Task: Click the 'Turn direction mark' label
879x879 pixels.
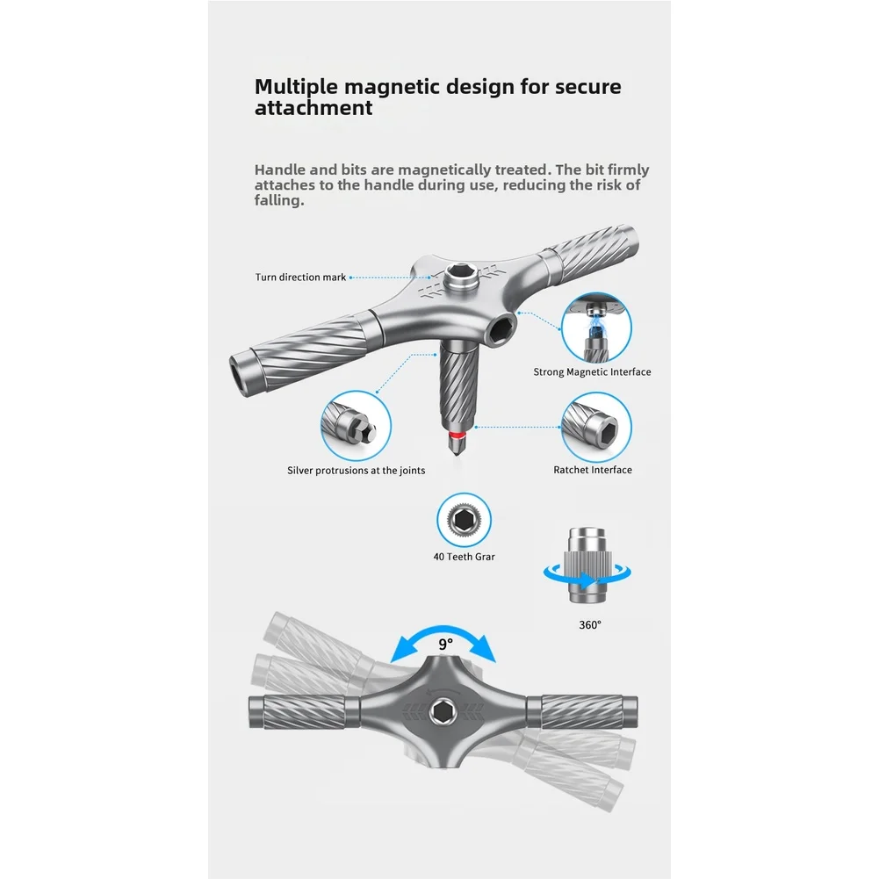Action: pos(300,277)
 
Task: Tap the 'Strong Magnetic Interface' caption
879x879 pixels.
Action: pos(592,371)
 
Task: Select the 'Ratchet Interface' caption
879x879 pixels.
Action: pos(593,470)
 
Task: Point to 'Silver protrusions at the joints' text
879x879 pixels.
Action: pos(356,471)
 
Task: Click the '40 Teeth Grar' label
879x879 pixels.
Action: pos(465,557)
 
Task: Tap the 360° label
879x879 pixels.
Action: pos(590,624)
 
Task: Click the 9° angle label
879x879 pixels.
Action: pos(446,645)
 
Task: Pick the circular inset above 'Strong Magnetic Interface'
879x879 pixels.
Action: pos(596,328)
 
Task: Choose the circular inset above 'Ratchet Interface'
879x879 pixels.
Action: pos(596,427)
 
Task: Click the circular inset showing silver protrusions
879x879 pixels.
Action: pos(356,426)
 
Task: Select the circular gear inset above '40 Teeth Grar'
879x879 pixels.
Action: pos(465,521)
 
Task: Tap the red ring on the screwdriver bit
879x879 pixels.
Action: pos(458,435)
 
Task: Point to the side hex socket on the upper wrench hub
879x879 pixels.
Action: pos(501,328)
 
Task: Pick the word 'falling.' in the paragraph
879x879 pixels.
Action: pos(279,200)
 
